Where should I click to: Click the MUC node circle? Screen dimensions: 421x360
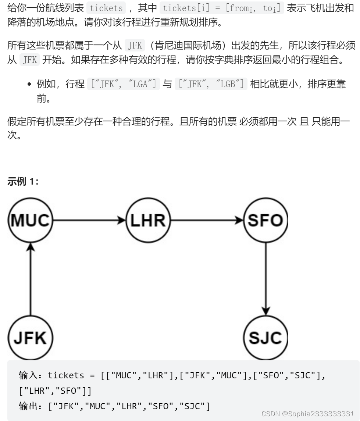tap(31, 221)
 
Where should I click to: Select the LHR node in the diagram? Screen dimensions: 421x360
tap(149, 221)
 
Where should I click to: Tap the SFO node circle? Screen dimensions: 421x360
tap(265, 221)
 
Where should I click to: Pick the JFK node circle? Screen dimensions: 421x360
tap(31, 338)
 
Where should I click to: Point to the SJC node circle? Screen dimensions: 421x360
tap(265, 338)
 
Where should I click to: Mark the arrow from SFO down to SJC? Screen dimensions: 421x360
tap(265, 279)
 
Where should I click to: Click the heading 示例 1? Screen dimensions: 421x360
tap(23, 182)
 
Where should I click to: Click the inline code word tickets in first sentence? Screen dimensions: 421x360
tap(106, 8)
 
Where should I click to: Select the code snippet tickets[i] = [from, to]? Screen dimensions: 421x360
tap(222, 8)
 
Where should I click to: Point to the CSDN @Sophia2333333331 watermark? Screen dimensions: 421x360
tap(308, 414)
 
